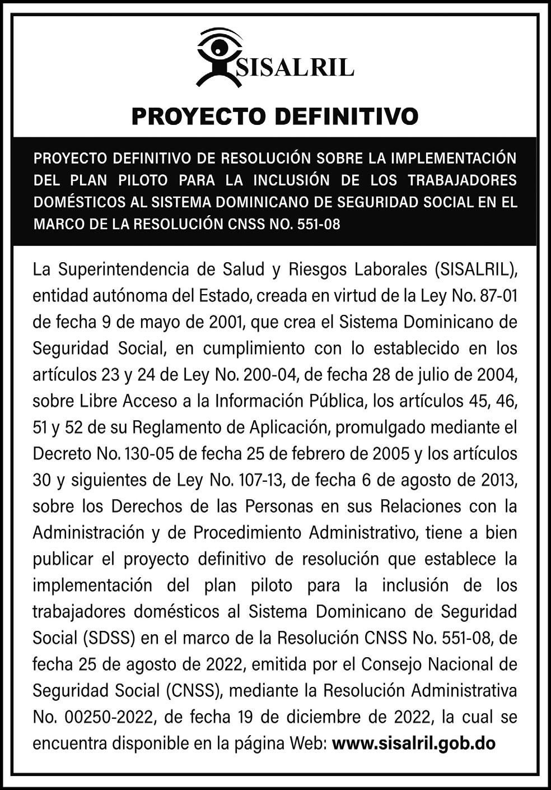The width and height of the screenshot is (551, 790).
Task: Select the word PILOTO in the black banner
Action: [x=143, y=180]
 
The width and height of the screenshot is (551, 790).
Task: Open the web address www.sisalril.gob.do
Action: [x=414, y=743]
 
